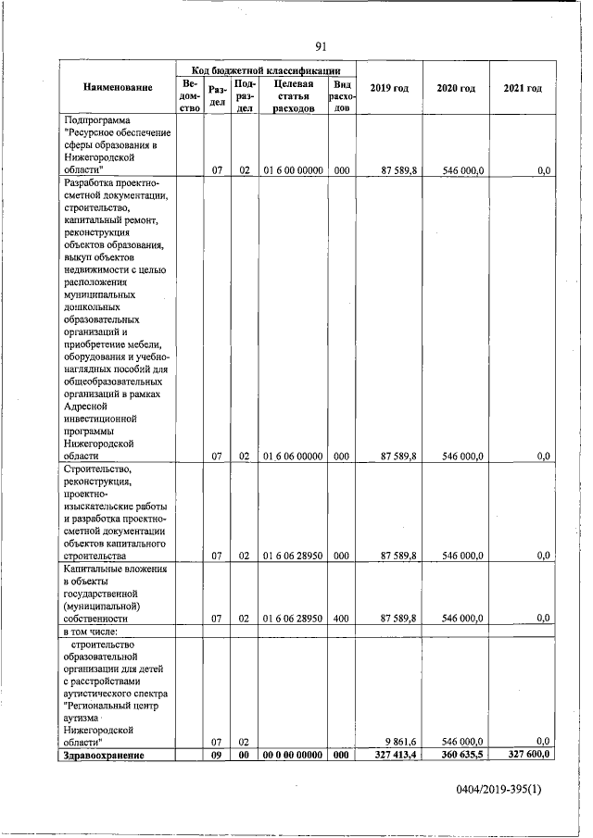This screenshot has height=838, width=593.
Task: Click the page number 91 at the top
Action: click(321, 47)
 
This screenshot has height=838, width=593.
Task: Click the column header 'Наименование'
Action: click(118, 88)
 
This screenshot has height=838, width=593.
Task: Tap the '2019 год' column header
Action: click(389, 88)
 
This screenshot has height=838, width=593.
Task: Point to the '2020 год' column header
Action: click(456, 88)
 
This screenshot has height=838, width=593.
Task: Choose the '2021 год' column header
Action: click(523, 88)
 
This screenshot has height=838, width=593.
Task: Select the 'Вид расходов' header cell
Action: click(342, 95)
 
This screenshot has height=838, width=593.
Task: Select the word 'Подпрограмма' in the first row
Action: click(97, 120)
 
